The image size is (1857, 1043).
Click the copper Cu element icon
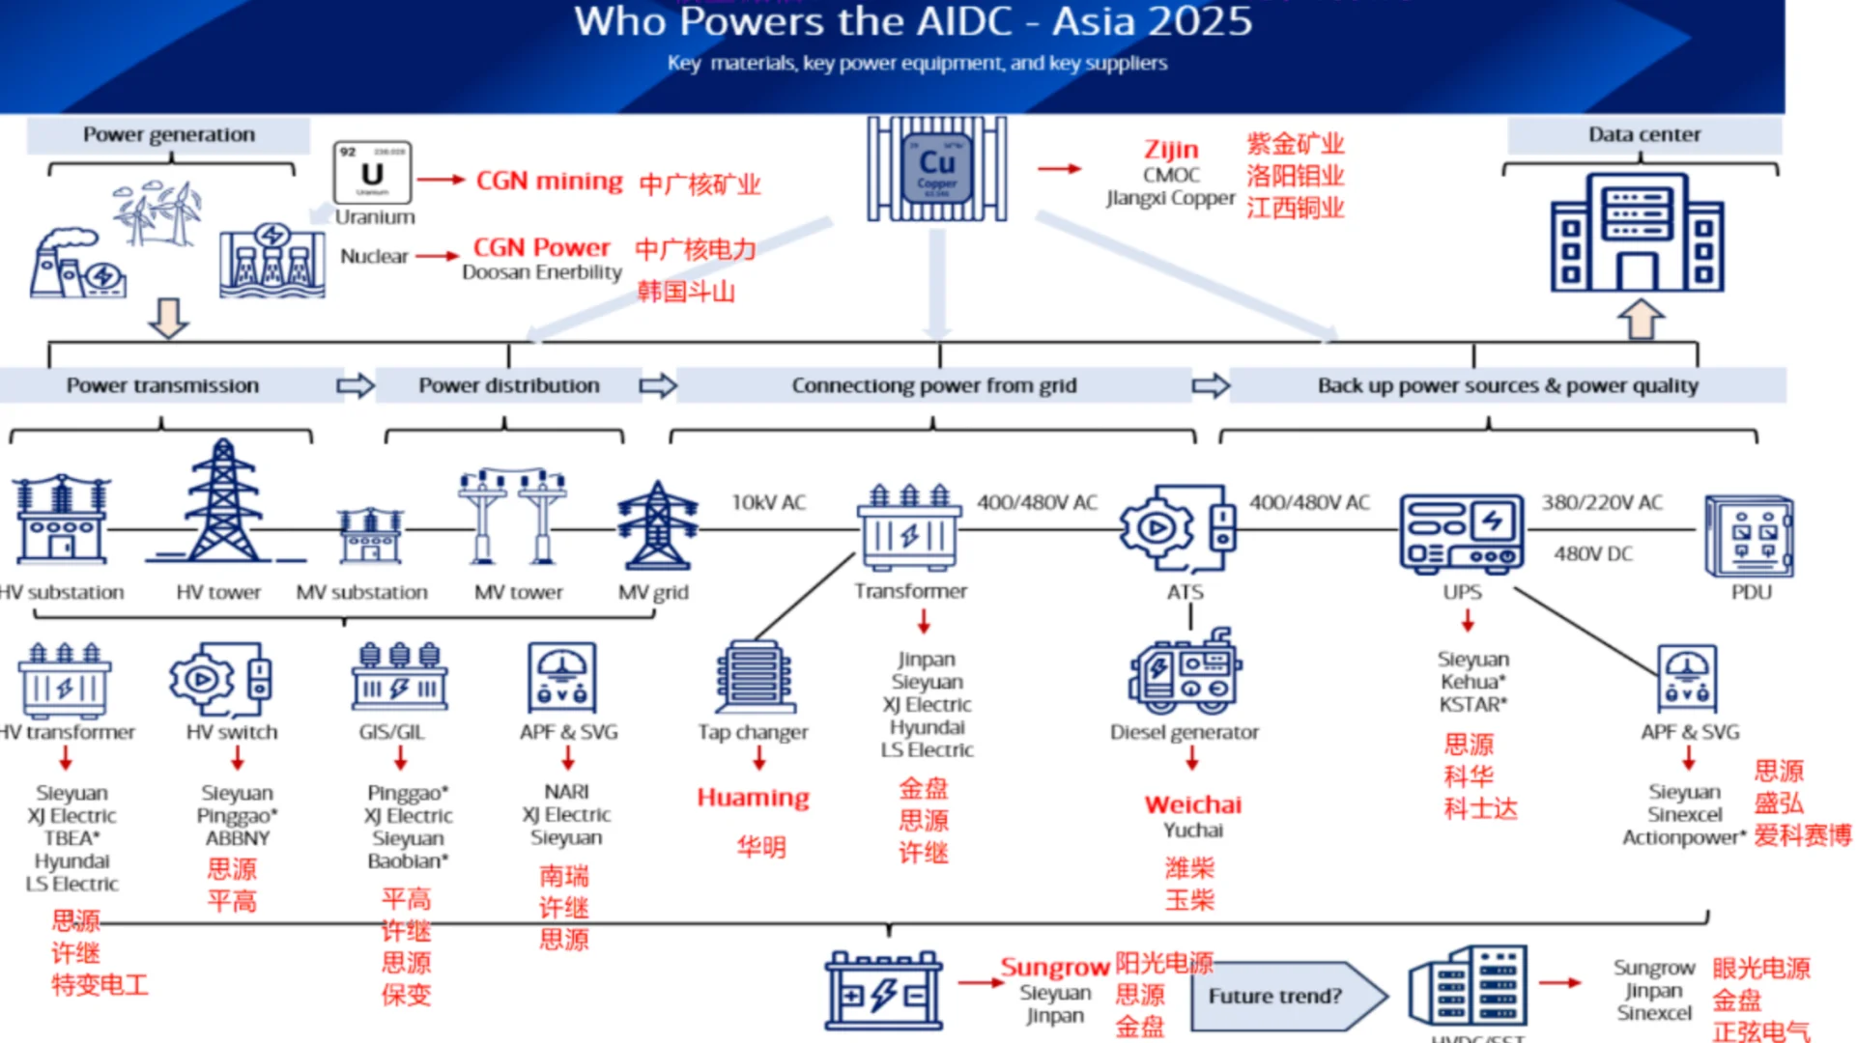[x=936, y=169]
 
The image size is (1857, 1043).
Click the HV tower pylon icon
[x=223, y=501]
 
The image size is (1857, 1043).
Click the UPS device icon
[x=1461, y=532]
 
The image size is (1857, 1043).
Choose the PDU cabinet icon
[x=1750, y=537]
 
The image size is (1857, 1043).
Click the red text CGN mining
[x=549, y=181]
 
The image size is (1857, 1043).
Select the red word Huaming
[x=753, y=798]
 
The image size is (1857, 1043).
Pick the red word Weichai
[x=1192, y=804]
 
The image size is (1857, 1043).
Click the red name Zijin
[x=1170, y=150]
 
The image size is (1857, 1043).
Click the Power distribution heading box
[x=508, y=385]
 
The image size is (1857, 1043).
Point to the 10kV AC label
[x=768, y=502]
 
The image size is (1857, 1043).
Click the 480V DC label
[x=1592, y=553]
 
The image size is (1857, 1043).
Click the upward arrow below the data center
[x=1640, y=319]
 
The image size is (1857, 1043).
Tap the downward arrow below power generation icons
[x=168, y=317]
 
